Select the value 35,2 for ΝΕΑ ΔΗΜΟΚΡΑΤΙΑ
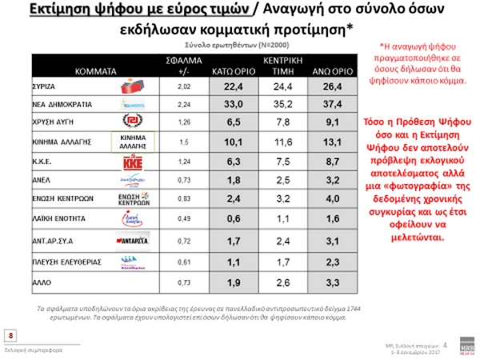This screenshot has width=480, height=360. tap(276, 103)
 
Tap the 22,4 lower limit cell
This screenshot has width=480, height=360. tap(232, 86)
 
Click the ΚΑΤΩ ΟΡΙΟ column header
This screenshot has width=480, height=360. tap(232, 70)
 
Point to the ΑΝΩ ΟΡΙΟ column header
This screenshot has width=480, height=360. tap(323, 70)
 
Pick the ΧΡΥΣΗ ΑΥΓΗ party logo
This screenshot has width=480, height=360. tap(133, 122)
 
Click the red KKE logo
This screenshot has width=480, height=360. tap(133, 163)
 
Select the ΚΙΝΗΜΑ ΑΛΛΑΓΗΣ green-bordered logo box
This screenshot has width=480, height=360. tap(133, 142)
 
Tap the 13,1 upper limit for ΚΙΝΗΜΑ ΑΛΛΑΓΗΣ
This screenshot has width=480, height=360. tap(323, 142)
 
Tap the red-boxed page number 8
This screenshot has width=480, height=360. tap(11, 335)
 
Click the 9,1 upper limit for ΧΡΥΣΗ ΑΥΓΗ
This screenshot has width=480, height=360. tap(323, 122)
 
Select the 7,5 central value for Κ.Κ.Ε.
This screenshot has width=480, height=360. tap(276, 163)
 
